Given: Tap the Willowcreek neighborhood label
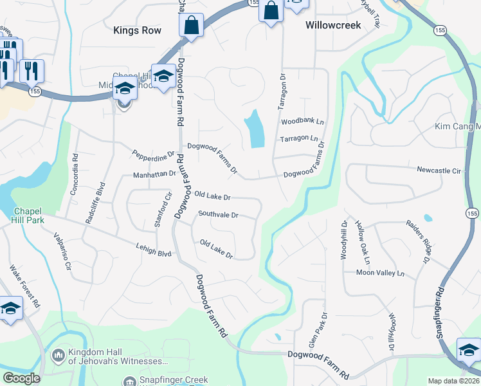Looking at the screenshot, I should pyautogui.click(x=332, y=25).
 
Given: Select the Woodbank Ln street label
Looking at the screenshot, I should pyautogui.click(x=302, y=121).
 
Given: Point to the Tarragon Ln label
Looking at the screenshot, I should pyautogui.click(x=298, y=138).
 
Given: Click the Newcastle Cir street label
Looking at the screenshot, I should pyautogui.click(x=439, y=171).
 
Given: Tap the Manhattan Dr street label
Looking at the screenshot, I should pyautogui.click(x=154, y=174).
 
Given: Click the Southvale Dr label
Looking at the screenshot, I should pyautogui.click(x=218, y=214).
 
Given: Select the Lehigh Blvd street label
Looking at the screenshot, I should pyautogui.click(x=153, y=249).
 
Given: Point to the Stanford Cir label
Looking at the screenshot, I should pyautogui.click(x=166, y=205).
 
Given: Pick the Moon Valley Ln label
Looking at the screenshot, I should pyautogui.click(x=381, y=273).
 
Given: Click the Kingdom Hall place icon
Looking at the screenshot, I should pyautogui.click(x=58, y=355).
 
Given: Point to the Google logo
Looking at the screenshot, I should pyautogui.click(x=21, y=378).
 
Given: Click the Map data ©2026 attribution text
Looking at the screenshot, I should pyautogui.click(x=453, y=381).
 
